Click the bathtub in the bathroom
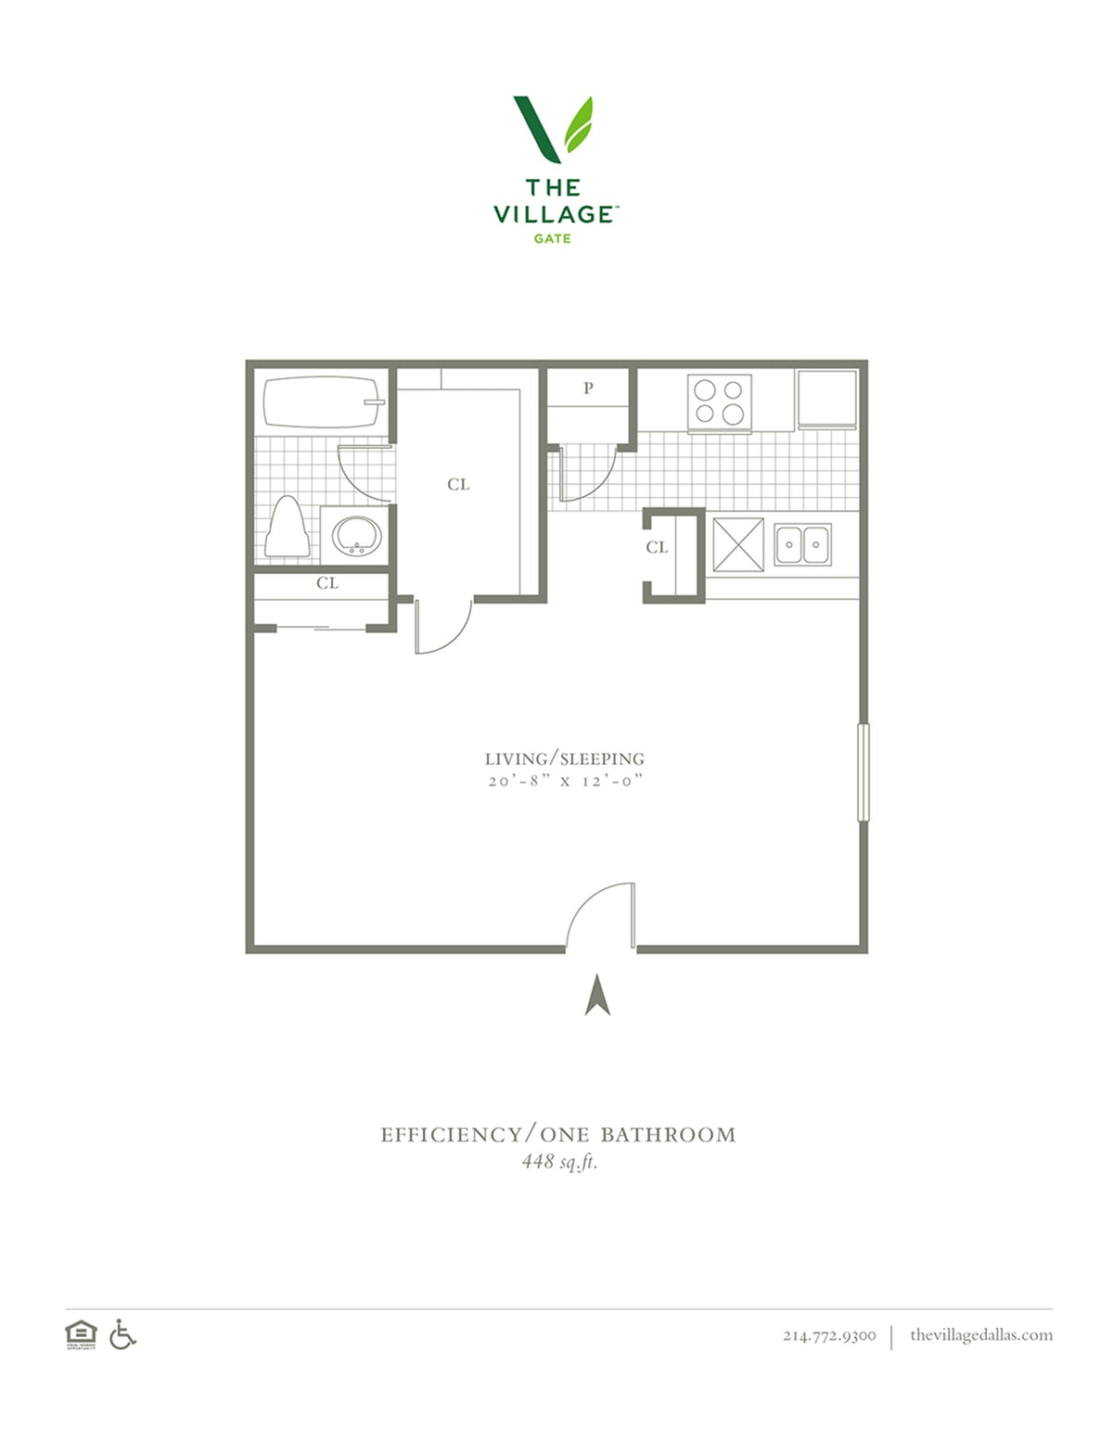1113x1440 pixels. pyautogui.click(x=324, y=402)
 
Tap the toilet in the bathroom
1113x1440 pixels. pyautogui.click(x=287, y=527)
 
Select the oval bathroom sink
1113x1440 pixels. pyautogui.click(x=357, y=536)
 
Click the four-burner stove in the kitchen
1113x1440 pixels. pyautogui.click(x=719, y=403)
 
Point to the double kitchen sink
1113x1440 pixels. pyautogui.click(x=803, y=544)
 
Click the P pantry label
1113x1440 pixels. pyautogui.click(x=588, y=389)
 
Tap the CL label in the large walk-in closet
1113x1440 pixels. pyautogui.click(x=458, y=484)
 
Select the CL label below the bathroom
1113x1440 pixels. pyautogui.click(x=327, y=583)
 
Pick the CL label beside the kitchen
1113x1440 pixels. pyautogui.click(x=657, y=547)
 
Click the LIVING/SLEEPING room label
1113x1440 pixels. pyautogui.click(x=565, y=758)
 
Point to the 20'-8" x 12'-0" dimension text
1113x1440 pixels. pyautogui.click(x=566, y=782)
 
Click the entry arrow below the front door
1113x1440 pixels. pyautogui.click(x=598, y=995)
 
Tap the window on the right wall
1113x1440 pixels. pyautogui.click(x=864, y=772)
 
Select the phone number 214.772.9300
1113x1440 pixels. pyautogui.click(x=829, y=1335)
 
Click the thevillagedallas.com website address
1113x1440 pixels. pyautogui.click(x=981, y=1334)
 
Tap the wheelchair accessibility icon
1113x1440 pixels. pyautogui.click(x=122, y=1333)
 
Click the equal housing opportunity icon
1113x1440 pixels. pyautogui.click(x=81, y=1334)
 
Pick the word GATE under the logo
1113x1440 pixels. pyautogui.click(x=552, y=238)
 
